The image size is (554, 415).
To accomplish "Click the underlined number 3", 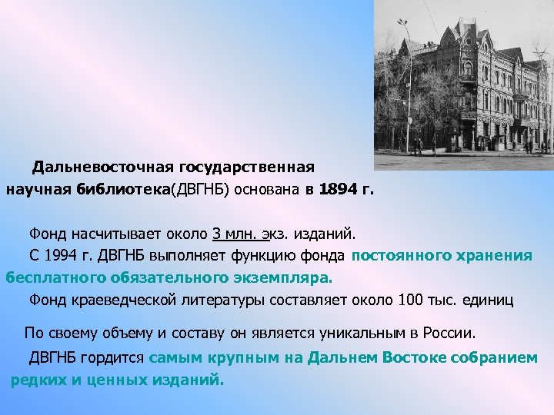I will click(x=216, y=233).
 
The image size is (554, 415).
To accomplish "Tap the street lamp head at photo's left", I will click(x=402, y=24).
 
